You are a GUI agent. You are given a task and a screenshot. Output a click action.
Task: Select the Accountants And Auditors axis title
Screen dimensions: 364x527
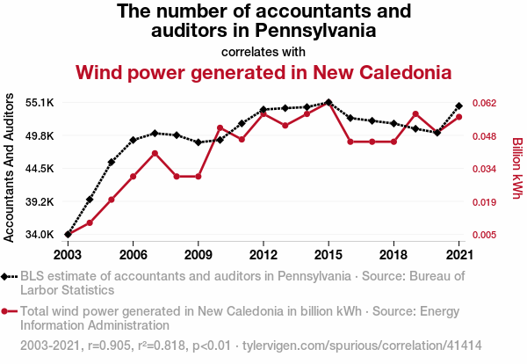tap(10, 168)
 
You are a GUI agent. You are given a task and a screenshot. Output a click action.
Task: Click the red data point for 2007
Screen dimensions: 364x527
tap(155, 153)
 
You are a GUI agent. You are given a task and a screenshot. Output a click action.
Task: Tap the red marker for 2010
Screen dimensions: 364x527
tap(220, 127)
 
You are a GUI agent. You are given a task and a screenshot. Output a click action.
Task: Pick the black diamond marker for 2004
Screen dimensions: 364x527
tap(90, 200)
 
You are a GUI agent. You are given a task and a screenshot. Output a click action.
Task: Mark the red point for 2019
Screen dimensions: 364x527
tap(415, 113)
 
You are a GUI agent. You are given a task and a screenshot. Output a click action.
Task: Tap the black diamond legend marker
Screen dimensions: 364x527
tap(7, 276)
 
